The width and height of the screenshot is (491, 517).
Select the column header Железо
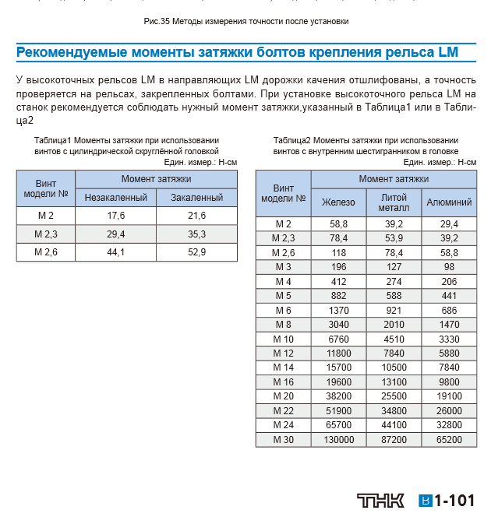(x=338, y=202)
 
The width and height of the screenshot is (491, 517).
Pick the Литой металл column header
(x=394, y=202)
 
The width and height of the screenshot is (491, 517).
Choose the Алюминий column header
(x=449, y=202)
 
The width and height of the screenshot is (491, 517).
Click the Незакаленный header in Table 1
(x=117, y=198)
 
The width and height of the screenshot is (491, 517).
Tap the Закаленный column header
(x=197, y=198)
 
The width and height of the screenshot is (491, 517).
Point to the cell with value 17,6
(x=117, y=216)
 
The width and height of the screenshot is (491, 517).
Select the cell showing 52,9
(x=197, y=251)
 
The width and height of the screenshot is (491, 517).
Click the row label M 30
(x=283, y=440)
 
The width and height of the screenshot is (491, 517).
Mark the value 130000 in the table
(x=338, y=440)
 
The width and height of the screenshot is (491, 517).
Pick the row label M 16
(x=283, y=382)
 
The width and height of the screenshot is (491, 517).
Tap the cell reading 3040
(x=338, y=324)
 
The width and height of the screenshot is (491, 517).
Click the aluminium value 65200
(x=449, y=440)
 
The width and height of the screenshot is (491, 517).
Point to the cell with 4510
(x=394, y=339)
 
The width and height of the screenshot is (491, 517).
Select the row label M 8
(x=283, y=324)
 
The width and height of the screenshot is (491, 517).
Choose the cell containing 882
(x=338, y=295)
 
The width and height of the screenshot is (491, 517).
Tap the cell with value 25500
(x=394, y=396)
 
